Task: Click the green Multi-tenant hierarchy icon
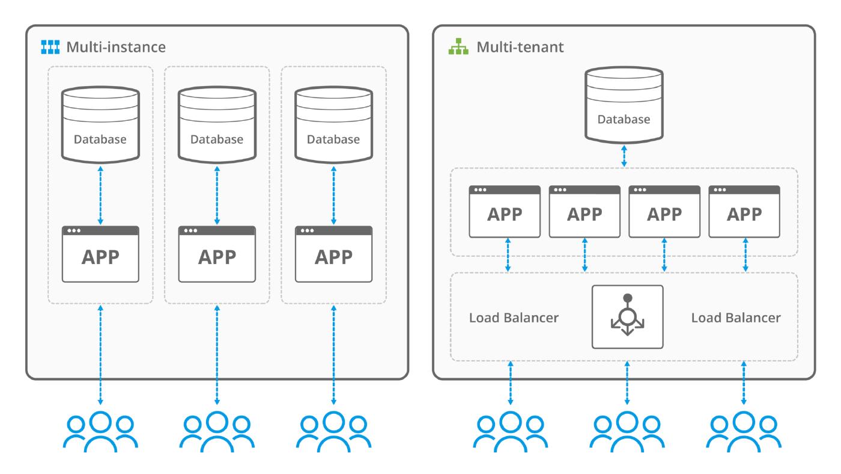tap(459, 46)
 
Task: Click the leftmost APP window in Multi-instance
tap(100, 254)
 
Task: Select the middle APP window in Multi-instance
tap(217, 254)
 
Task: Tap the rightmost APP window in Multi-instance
tap(333, 254)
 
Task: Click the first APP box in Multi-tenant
tap(505, 211)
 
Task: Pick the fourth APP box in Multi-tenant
tap(744, 211)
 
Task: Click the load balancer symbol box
tap(627, 317)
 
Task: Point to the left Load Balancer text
tap(514, 318)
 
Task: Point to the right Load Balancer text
tap(736, 318)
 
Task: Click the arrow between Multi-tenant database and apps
tap(624, 155)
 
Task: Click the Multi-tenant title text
tap(520, 47)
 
